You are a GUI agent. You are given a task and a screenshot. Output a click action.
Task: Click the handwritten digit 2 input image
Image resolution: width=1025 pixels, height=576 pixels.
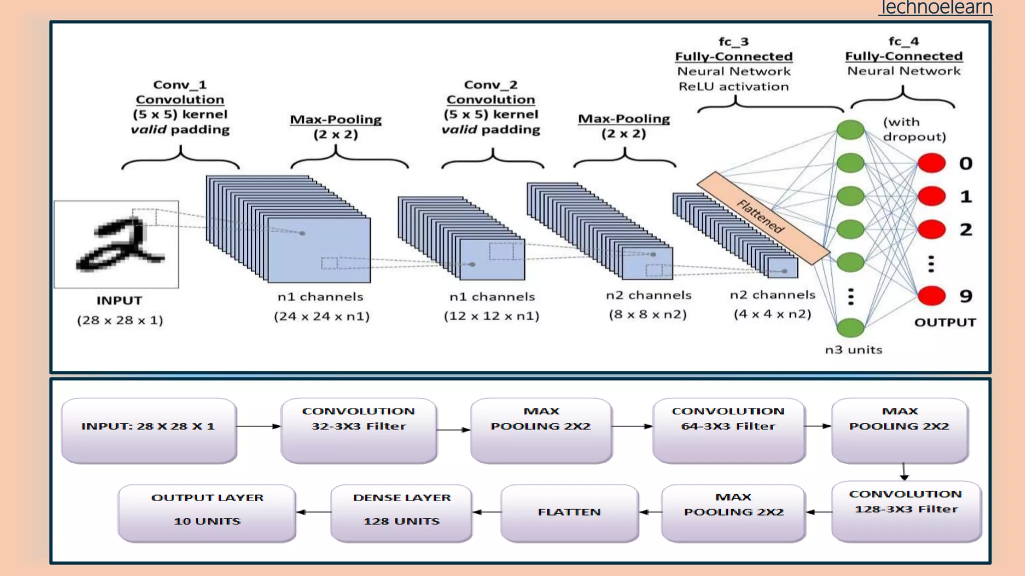point(117,244)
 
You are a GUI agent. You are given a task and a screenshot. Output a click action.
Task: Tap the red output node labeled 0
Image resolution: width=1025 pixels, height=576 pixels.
point(931,163)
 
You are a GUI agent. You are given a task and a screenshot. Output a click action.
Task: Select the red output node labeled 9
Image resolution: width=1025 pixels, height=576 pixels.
point(931,295)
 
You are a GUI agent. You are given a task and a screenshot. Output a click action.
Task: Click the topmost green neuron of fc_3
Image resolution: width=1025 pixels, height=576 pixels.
point(850,130)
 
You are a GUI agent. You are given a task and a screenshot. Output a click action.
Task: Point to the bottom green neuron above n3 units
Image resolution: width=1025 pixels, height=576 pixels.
point(850,327)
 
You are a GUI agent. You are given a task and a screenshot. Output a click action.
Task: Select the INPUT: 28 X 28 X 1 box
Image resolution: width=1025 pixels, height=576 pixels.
point(149,430)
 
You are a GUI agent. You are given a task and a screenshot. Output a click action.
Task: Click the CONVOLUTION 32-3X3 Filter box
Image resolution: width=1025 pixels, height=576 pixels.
point(359,430)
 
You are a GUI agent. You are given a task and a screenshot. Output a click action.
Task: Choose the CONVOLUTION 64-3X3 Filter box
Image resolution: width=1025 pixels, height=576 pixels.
point(729,430)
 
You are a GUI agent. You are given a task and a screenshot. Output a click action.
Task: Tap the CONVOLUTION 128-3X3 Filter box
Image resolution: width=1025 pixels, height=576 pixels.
point(906,511)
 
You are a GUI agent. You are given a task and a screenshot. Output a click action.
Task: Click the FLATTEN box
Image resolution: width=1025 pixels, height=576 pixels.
point(570,512)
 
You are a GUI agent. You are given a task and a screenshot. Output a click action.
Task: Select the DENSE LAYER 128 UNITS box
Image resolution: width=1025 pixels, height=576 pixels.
point(401,512)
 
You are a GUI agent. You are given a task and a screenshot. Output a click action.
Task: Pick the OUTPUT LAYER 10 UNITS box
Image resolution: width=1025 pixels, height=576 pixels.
point(207,512)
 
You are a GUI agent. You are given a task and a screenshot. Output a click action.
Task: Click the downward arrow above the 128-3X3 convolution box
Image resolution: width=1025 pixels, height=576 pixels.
point(904,471)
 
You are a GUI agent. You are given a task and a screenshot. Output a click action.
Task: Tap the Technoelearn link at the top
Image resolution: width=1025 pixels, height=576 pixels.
point(936,7)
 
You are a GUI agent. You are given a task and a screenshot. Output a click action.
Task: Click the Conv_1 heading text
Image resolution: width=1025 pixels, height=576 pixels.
point(180,84)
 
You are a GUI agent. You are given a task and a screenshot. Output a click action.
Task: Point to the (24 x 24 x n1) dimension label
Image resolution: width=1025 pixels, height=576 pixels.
point(321,316)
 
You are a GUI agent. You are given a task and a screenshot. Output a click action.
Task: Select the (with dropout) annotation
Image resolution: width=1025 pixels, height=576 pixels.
point(914,129)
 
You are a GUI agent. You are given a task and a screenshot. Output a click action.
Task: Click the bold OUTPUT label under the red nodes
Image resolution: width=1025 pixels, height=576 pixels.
point(945,322)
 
